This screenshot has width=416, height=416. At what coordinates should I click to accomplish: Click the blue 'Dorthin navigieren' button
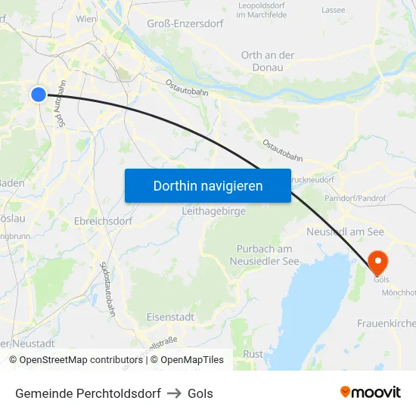208,185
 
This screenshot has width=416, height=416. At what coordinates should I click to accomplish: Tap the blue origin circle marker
39,94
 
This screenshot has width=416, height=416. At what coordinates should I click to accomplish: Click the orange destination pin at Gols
377,262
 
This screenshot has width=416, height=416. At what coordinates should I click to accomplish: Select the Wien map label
86,18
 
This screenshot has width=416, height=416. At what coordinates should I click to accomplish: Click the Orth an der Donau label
268,61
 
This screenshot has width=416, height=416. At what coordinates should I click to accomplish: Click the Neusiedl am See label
345,231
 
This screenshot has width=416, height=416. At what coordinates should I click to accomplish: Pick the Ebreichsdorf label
104,222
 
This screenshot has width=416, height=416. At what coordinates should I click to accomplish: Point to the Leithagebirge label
213,212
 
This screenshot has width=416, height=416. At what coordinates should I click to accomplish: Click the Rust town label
253,354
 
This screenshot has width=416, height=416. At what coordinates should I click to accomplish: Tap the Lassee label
334,10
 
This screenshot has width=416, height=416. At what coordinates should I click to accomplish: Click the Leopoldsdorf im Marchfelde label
261,10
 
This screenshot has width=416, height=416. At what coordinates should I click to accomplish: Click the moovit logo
370,393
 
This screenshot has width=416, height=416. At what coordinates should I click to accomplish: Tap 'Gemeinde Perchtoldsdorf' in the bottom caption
88,393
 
